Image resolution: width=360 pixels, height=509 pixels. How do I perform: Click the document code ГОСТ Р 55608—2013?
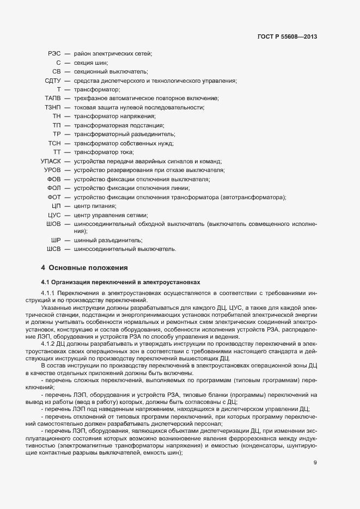coord(286,37)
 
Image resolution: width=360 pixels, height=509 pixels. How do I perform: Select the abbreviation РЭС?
coord(54,53)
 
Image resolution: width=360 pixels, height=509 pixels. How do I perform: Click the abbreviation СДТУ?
coord(52,81)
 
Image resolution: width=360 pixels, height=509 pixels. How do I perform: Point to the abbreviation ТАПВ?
coord(52,98)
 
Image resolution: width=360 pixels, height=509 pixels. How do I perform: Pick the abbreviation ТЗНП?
coord(52,107)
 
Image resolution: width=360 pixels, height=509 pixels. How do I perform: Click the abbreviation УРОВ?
coord(52,170)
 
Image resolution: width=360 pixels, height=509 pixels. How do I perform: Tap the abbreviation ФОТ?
coord(54,197)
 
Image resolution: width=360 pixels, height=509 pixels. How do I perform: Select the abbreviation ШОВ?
coord(53,224)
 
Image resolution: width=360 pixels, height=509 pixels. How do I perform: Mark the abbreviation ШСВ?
coord(53,249)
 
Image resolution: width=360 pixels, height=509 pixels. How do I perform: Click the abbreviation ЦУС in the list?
coord(54,215)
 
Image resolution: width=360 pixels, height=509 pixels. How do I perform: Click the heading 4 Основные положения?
coord(84,268)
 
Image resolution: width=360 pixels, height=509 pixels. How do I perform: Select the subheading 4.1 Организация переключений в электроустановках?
coord(121,283)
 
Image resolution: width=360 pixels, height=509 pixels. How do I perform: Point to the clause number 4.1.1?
coord(48,293)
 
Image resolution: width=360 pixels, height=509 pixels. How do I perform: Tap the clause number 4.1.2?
coord(48,342)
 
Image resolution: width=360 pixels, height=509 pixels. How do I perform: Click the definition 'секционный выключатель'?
coord(111,71)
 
